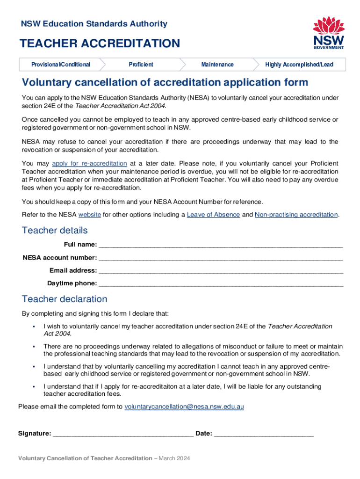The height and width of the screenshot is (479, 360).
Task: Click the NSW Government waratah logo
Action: (328, 33)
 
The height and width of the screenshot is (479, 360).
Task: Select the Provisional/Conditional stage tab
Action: (61, 65)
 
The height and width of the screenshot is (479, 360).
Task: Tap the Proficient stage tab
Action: (141, 65)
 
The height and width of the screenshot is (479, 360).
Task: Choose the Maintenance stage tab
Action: (217, 65)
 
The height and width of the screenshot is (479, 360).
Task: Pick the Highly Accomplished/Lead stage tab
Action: (299, 65)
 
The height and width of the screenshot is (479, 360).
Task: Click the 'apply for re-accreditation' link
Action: (89, 163)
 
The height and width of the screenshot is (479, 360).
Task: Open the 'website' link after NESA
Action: (89, 215)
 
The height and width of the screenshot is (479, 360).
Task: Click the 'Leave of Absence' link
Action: (213, 215)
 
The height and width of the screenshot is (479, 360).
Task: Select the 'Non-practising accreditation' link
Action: (296, 215)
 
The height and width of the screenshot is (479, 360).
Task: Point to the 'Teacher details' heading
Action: (55, 231)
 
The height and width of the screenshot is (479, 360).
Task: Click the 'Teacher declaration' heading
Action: (65, 299)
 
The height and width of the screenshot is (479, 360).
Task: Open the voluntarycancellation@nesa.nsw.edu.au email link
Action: (184, 407)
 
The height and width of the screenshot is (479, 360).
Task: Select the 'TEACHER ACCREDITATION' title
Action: (99, 44)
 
